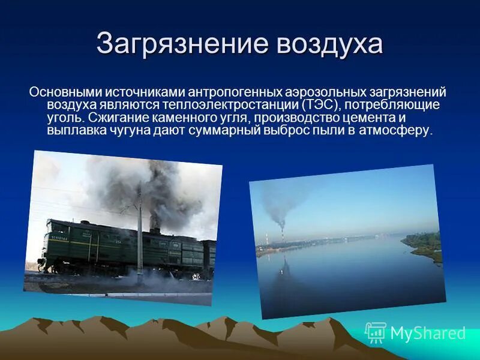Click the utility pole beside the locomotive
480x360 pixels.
(140, 234)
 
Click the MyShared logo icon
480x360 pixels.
(376, 332)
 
